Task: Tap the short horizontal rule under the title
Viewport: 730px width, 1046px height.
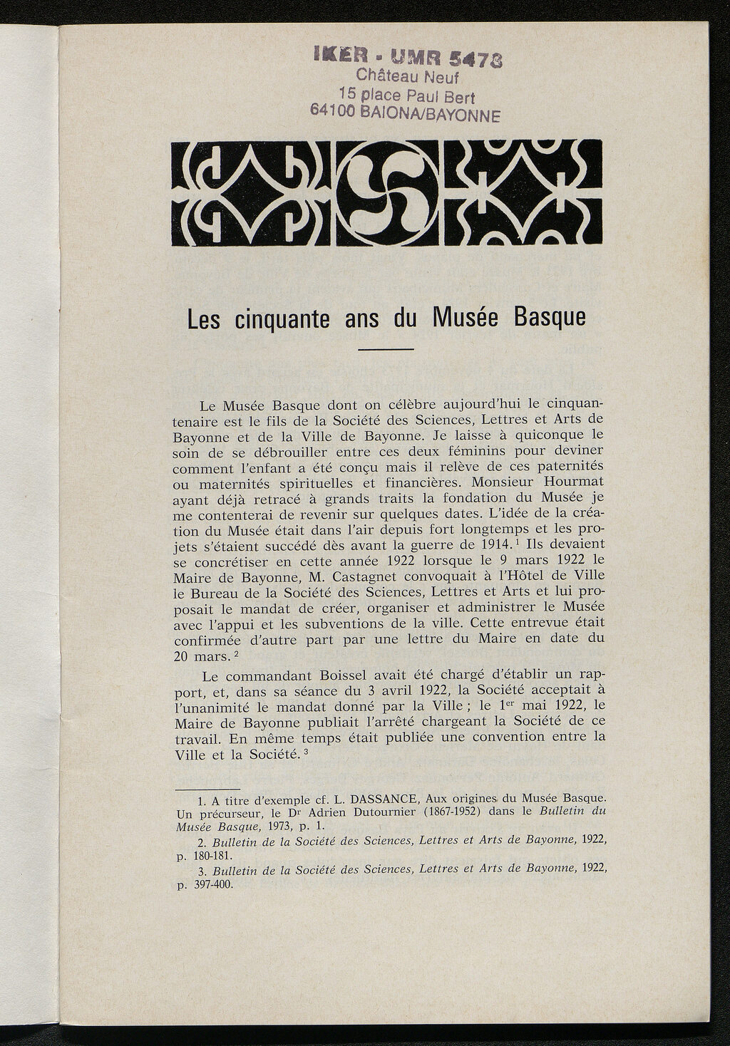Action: pyautogui.click(x=386, y=349)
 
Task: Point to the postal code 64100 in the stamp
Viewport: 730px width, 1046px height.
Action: pyautogui.click(x=335, y=111)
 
